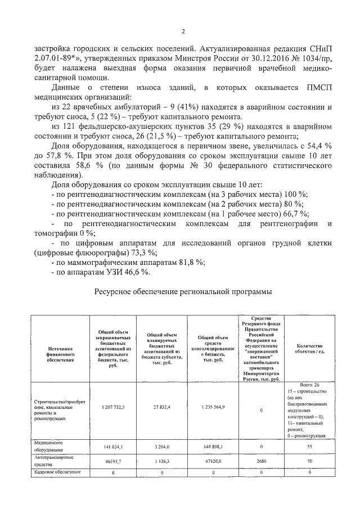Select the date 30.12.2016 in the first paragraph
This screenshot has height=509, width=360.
(253, 58)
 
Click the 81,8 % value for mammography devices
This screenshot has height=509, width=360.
(189, 262)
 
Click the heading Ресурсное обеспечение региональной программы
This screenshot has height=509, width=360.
(182, 292)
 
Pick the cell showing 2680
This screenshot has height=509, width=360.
(261, 462)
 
